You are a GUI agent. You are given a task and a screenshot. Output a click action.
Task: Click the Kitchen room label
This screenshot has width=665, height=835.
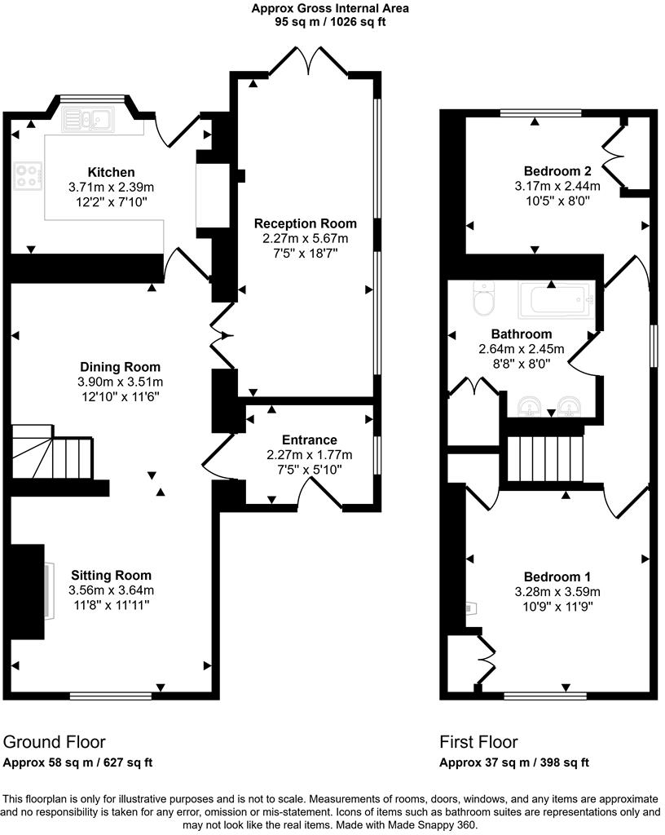coord(111,172)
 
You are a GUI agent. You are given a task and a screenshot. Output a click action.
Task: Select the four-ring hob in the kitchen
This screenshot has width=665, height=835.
coord(29,175)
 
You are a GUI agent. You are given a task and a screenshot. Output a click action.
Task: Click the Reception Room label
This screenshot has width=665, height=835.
coord(305,223)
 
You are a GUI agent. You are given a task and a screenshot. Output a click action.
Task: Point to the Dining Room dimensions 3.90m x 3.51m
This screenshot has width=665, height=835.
coord(120,382)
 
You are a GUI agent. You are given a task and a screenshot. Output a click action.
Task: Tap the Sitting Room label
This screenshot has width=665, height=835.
coord(111,576)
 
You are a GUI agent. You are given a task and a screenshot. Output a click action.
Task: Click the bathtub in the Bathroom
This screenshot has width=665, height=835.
coord(554,301)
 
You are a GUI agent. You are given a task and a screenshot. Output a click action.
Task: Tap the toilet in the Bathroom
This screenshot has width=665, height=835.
coord(483,298)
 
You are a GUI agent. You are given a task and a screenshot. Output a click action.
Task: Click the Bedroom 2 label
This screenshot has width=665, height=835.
coord(557,171)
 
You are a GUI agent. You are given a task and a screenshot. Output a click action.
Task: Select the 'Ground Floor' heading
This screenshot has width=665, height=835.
coord(54,742)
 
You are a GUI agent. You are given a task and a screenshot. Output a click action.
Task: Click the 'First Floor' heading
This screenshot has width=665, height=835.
coord(478,742)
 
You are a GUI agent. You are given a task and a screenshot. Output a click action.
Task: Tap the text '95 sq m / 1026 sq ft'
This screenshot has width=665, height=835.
coord(330,22)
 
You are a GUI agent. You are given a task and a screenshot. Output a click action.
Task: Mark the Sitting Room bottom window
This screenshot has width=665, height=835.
coord(111,696)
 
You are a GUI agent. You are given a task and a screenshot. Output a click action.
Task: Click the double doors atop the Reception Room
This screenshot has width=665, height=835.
coord(307,62)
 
